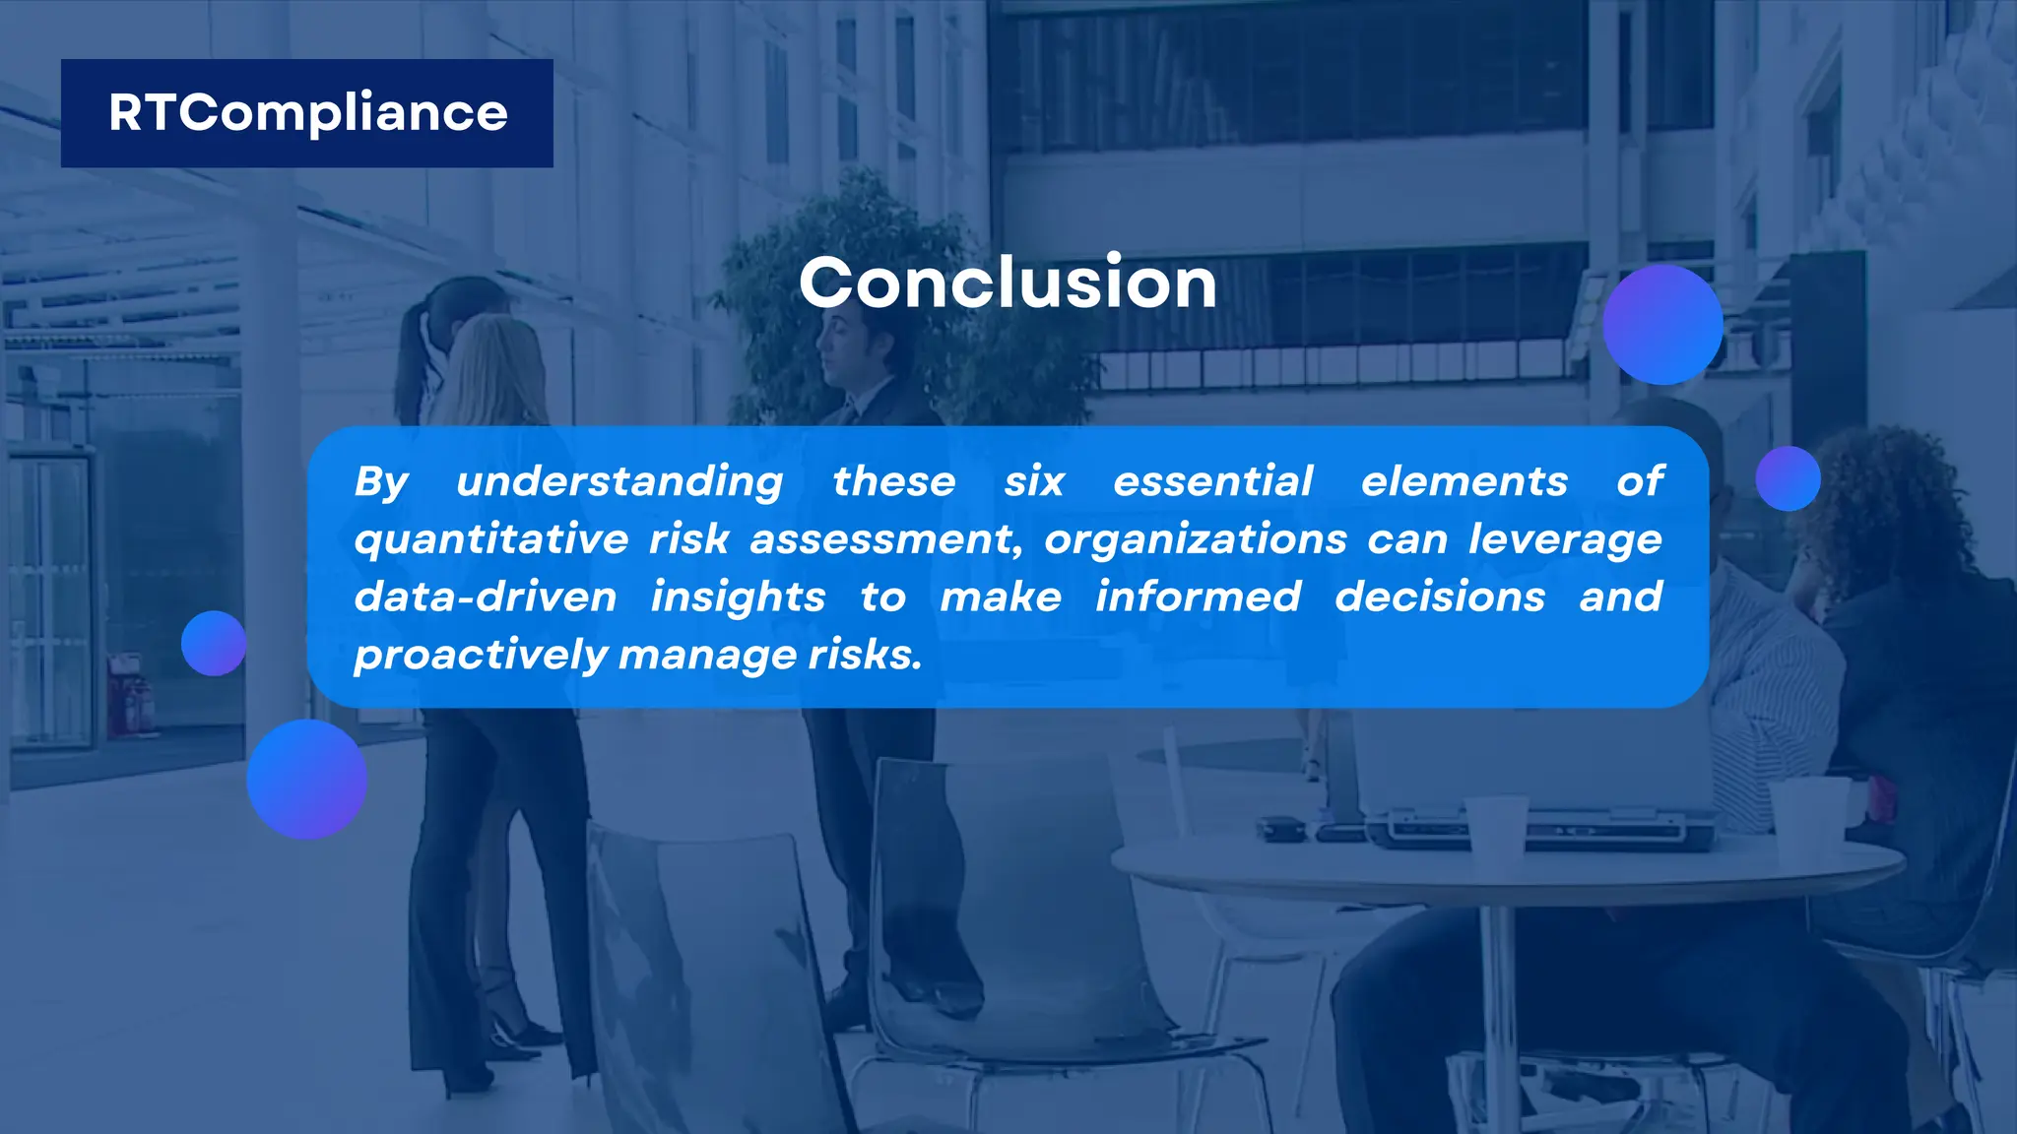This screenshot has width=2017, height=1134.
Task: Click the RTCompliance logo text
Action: (307, 112)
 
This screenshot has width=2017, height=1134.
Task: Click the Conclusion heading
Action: (1008, 283)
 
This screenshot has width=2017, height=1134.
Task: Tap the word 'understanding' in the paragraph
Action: (619, 482)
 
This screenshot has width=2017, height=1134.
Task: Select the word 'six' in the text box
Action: (1034, 482)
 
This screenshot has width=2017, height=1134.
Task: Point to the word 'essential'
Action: (1212, 482)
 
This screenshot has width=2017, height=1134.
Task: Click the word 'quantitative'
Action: (490, 540)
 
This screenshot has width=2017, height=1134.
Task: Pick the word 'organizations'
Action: (1195, 540)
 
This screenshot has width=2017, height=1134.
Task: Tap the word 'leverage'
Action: (1564, 540)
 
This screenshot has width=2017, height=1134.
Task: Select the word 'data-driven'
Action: (486, 598)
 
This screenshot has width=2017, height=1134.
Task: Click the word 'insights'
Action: (738, 598)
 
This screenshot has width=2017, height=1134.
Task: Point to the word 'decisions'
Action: (1440, 598)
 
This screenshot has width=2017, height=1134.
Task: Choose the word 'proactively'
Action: (481, 656)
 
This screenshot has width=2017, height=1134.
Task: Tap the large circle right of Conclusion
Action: (1662, 324)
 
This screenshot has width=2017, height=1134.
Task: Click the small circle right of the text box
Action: (1788, 478)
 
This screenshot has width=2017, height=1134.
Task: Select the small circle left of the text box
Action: (214, 643)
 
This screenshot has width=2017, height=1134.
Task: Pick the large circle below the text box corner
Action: (306, 779)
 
